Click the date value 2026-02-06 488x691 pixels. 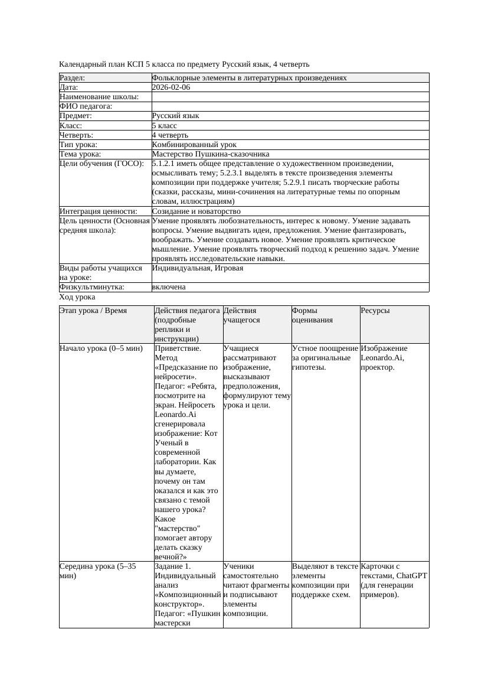pyautogui.click(x=171, y=87)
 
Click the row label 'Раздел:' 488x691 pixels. pyautogui.click(x=73, y=78)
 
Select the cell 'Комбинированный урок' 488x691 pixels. pyautogui.click(x=194, y=144)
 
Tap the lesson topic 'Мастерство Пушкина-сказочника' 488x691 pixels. pyautogui.click(x=210, y=154)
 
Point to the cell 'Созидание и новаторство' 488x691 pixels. pyautogui.click(x=196, y=211)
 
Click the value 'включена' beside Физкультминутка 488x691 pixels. pyautogui.click(x=168, y=287)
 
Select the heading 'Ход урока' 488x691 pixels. pyautogui.click(x=77, y=297)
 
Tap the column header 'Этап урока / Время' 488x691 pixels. pyautogui.click(x=93, y=310)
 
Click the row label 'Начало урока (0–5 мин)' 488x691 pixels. pyautogui.click(x=101, y=348)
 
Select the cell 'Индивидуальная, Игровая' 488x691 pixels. pyautogui.click(x=197, y=268)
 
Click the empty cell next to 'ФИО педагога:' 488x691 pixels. pyautogui.click(x=289, y=106)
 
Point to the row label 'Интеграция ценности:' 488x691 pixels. pyautogui.click(x=98, y=211)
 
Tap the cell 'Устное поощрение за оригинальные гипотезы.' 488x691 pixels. pyautogui.click(x=325, y=357)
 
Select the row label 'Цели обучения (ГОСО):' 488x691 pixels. pyautogui.click(x=101, y=164)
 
